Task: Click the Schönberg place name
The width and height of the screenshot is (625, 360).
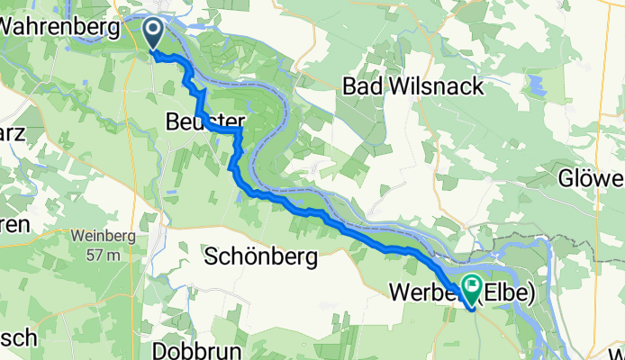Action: (x=261, y=258)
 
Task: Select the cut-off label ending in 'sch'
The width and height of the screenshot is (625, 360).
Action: (x=18, y=338)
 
